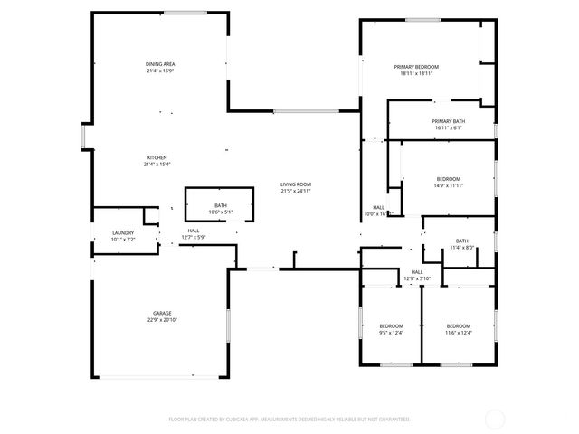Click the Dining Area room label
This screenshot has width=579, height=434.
click(160, 64)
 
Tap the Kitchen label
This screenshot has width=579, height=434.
click(157, 157)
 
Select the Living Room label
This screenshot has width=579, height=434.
click(296, 184)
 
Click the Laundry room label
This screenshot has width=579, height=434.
click(123, 233)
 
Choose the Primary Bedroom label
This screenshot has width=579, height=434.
click(416, 67)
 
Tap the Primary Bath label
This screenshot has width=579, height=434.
click(448, 121)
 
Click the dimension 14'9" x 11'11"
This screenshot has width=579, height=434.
click(448, 185)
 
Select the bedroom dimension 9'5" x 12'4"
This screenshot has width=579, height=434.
click(391, 333)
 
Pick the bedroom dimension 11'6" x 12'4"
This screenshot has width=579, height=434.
click(458, 333)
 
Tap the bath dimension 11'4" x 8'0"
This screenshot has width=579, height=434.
click(461, 248)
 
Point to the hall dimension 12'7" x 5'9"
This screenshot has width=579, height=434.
click(194, 238)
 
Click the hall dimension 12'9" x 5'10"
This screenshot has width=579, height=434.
click(417, 278)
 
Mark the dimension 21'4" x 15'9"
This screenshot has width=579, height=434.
click(160, 71)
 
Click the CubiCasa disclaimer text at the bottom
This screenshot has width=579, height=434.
click(289, 420)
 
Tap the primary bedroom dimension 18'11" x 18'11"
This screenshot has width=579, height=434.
click(416, 74)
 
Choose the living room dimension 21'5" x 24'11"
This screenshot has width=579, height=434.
click(296, 192)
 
